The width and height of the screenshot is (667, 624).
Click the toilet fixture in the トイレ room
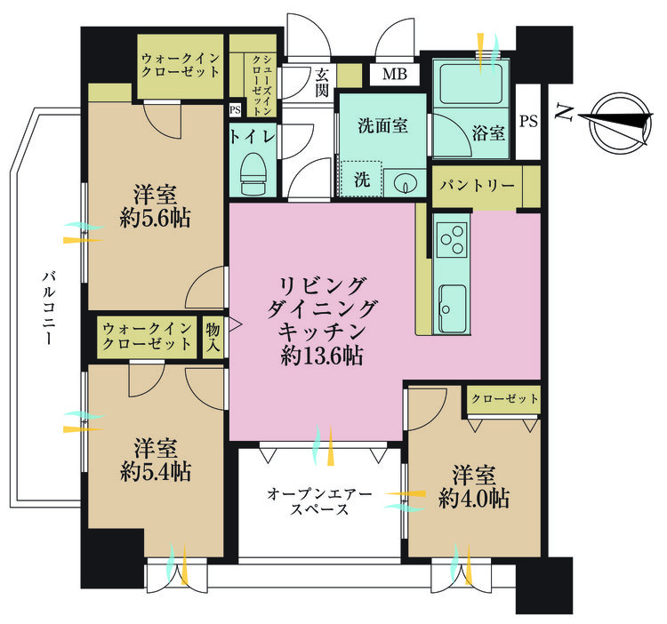pos(253,173)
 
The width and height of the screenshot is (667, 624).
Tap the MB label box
pos(394,74)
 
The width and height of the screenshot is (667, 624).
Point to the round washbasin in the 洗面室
pos(404,184)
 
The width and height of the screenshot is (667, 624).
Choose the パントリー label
pos(478,185)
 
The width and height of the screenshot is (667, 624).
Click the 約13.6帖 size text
pos(322,356)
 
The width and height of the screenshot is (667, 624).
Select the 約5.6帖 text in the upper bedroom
pos(156,219)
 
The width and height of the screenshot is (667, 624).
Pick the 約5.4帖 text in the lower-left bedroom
pos(156,471)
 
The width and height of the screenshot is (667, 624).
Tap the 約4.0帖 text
pos(474,498)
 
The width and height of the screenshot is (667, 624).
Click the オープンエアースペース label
pos(319,501)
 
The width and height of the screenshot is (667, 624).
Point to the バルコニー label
pos(49,308)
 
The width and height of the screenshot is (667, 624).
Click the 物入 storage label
pos(213,337)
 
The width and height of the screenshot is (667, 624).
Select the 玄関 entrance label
pos(322,83)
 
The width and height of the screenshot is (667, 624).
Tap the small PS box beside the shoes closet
pos(235,110)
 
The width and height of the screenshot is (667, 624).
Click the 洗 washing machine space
pos(362,179)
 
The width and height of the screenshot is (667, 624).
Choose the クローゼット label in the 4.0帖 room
pos(505,399)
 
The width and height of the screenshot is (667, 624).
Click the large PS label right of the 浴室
pos(529,121)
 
